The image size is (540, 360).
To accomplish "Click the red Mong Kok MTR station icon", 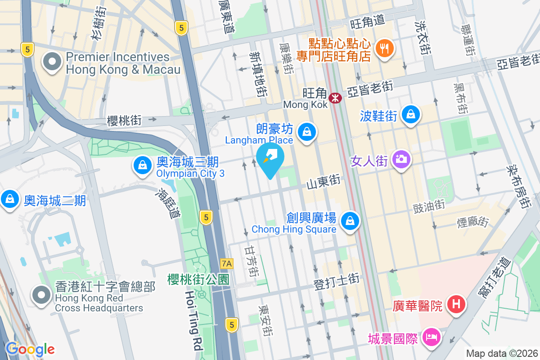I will coord(335,98).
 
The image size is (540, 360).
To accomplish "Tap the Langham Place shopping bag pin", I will coord(306,132).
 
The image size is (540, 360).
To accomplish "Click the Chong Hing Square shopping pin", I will coord(350,221).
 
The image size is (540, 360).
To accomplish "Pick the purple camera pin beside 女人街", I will coord(400,159).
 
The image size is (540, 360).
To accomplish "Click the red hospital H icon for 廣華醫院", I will coord(456,305).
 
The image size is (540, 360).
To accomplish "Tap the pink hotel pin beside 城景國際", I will coord(431,337).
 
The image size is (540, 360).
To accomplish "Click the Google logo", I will coord(30,349).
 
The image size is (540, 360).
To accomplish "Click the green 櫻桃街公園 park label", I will coord(198,279).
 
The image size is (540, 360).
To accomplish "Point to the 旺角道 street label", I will coord(368,20).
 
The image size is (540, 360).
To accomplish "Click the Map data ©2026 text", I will coord(502,353).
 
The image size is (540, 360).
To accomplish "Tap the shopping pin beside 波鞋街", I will coord(411,114).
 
